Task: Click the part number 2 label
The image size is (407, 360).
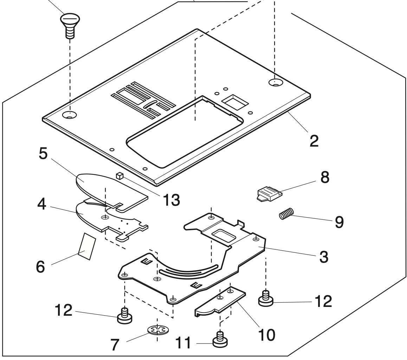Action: click(314, 140)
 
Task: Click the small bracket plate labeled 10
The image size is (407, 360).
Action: click(218, 300)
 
